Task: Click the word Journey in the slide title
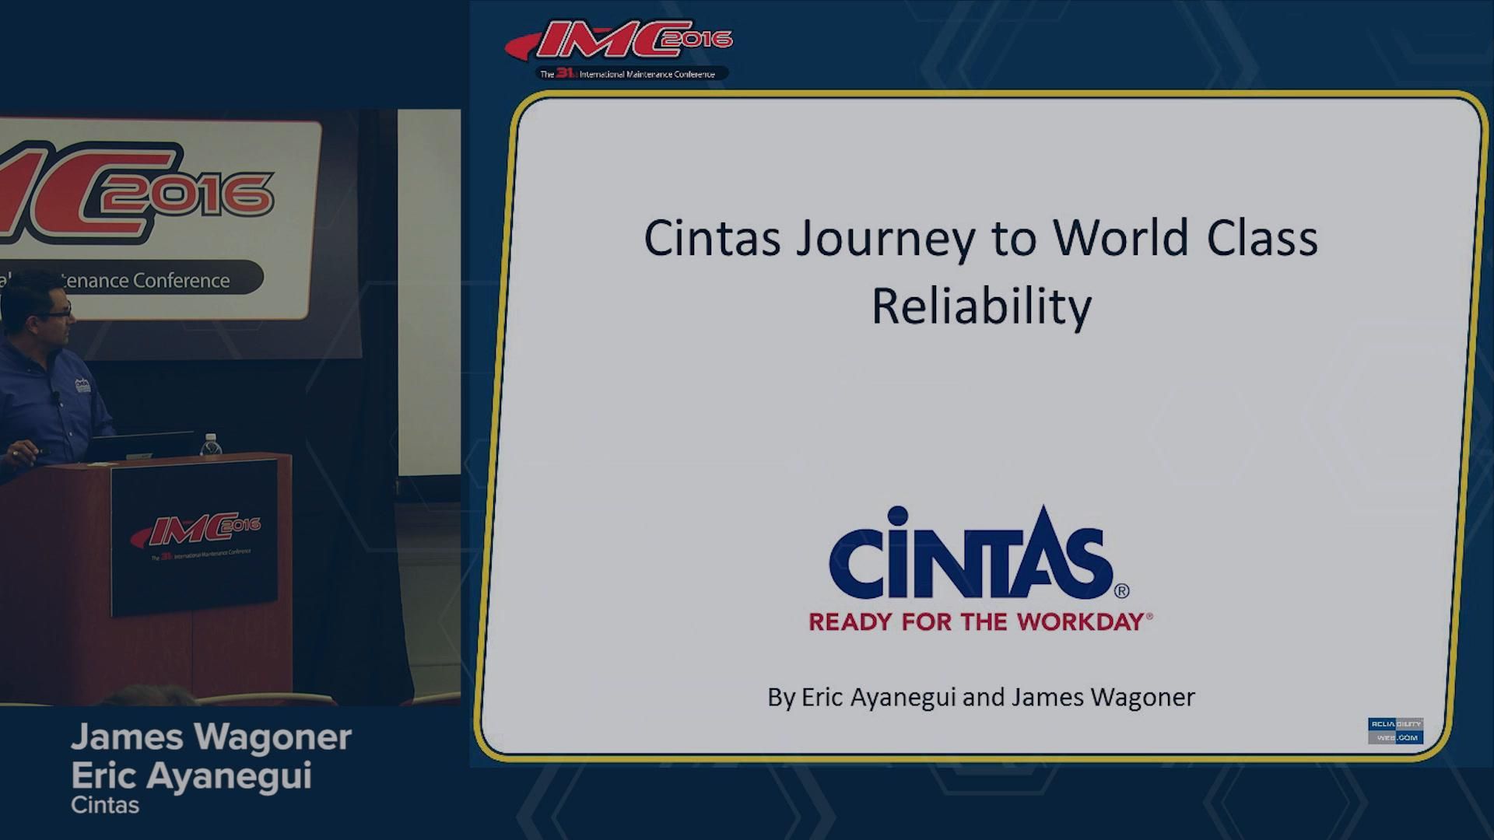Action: click(x=885, y=239)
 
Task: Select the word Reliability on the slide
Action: click(x=980, y=306)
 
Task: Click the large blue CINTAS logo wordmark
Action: click(x=970, y=554)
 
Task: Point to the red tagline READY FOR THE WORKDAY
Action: click(x=980, y=621)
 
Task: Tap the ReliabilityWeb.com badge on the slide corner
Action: click(x=1395, y=730)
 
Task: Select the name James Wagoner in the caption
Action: click(x=211, y=737)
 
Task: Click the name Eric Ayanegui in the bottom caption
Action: click(x=191, y=775)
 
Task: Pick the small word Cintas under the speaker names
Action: click(x=105, y=805)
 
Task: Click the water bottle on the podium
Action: click(x=210, y=445)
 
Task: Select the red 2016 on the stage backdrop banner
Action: click(x=190, y=194)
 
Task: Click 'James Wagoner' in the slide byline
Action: click(x=1103, y=697)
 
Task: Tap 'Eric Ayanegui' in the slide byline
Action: click(x=878, y=697)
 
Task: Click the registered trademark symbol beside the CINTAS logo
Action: click(x=1121, y=591)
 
